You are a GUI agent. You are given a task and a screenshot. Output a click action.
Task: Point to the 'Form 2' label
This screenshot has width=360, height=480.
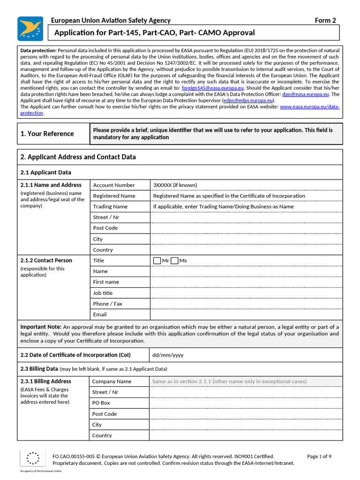point(325,20)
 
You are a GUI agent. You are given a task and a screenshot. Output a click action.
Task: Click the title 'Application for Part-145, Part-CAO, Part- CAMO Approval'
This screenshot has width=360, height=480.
point(155,33)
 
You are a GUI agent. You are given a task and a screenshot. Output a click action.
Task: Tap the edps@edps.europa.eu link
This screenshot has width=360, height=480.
point(255,100)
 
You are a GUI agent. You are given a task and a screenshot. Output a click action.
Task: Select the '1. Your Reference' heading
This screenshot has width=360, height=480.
point(47,134)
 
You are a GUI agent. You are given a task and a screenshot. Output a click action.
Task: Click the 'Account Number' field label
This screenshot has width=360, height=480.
point(114,185)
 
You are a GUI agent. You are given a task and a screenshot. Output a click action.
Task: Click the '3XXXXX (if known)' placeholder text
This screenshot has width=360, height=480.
point(175,185)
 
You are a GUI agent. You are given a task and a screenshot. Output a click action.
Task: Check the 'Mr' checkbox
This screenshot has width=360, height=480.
point(157,261)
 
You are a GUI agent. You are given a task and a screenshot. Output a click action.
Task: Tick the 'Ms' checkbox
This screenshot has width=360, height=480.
point(174,261)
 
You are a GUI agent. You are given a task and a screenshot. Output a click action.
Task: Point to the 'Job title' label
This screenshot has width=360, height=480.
point(103,293)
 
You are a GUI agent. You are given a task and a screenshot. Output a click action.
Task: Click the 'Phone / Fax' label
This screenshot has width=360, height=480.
point(107,304)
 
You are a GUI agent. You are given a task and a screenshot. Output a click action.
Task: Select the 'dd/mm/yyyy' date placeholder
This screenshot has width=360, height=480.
point(168,355)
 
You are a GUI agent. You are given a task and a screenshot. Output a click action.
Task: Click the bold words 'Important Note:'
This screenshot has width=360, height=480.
point(41,327)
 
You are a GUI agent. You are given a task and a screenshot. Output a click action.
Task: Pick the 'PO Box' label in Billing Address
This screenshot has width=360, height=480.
point(101,403)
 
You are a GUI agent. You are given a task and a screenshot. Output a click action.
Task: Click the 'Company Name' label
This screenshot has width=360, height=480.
point(112,382)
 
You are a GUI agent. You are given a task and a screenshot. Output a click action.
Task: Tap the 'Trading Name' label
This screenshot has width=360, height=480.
point(110,207)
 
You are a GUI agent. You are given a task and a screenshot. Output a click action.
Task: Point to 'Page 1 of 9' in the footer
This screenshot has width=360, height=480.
point(319,456)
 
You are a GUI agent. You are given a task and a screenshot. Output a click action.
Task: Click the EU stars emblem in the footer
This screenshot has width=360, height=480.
point(33,458)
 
